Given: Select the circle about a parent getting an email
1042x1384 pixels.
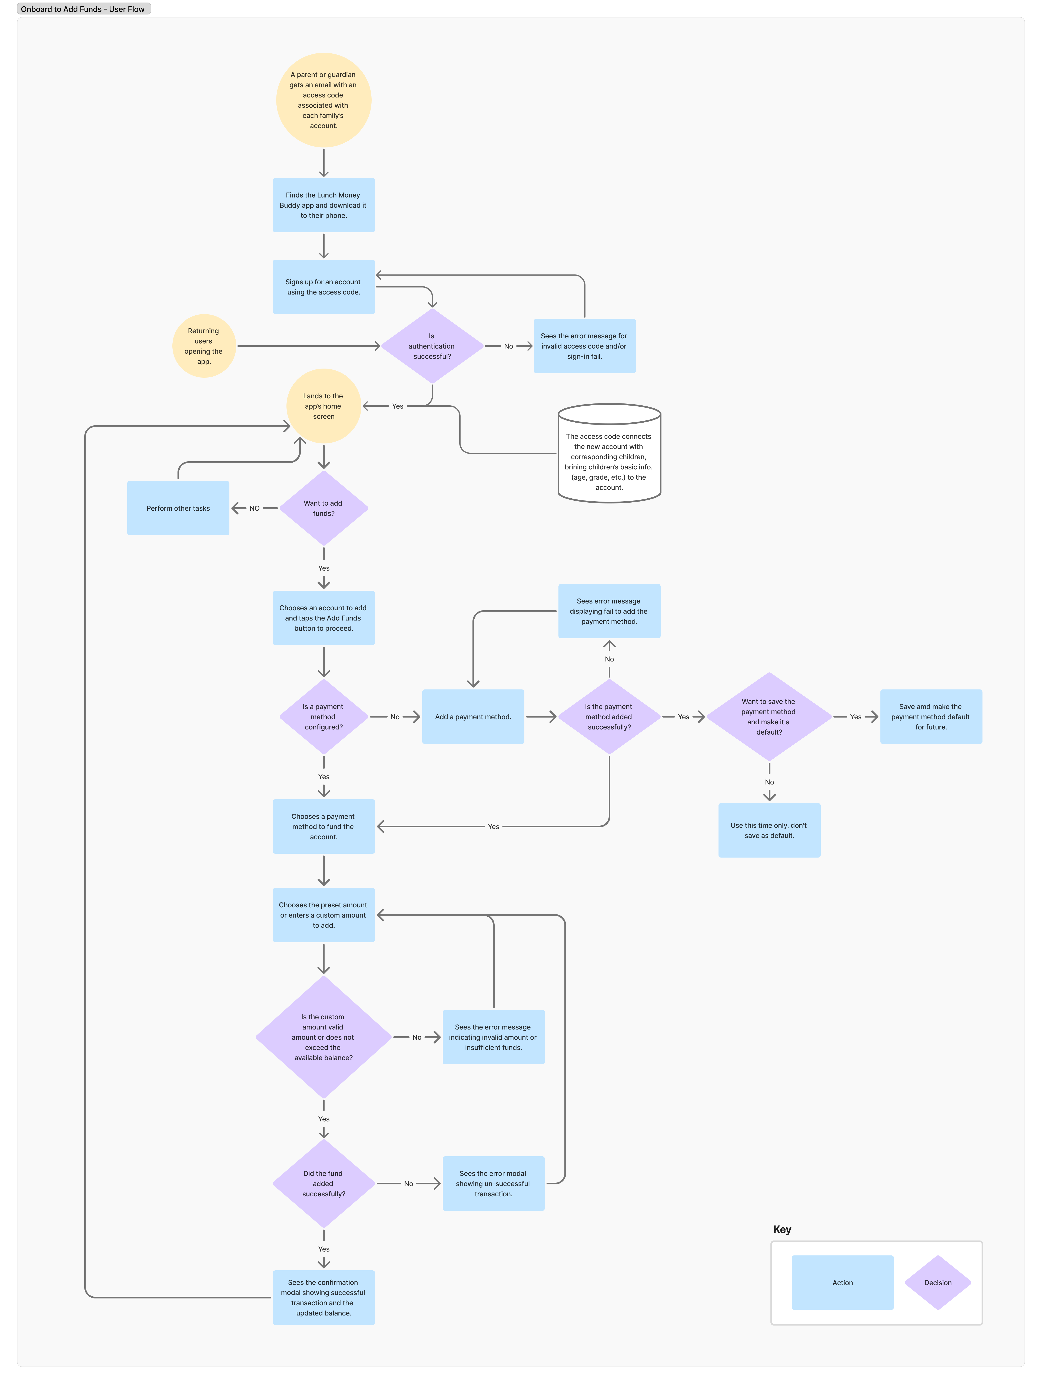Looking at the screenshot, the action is [x=323, y=100].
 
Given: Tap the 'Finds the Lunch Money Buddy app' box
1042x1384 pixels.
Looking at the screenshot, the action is [x=323, y=205].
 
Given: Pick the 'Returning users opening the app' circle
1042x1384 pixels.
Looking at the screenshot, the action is [x=204, y=346].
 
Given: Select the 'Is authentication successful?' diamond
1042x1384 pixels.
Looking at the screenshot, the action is [x=432, y=346].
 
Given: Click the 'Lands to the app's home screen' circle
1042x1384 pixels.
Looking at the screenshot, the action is [x=323, y=406].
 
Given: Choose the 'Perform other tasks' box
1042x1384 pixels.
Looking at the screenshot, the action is [x=178, y=508].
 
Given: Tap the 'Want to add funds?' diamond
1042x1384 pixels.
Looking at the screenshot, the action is [x=323, y=508].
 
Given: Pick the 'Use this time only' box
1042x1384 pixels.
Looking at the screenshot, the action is [x=769, y=830].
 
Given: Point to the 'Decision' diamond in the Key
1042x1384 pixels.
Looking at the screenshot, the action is [x=938, y=1283].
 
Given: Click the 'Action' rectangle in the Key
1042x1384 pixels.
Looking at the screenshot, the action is [x=842, y=1283].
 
